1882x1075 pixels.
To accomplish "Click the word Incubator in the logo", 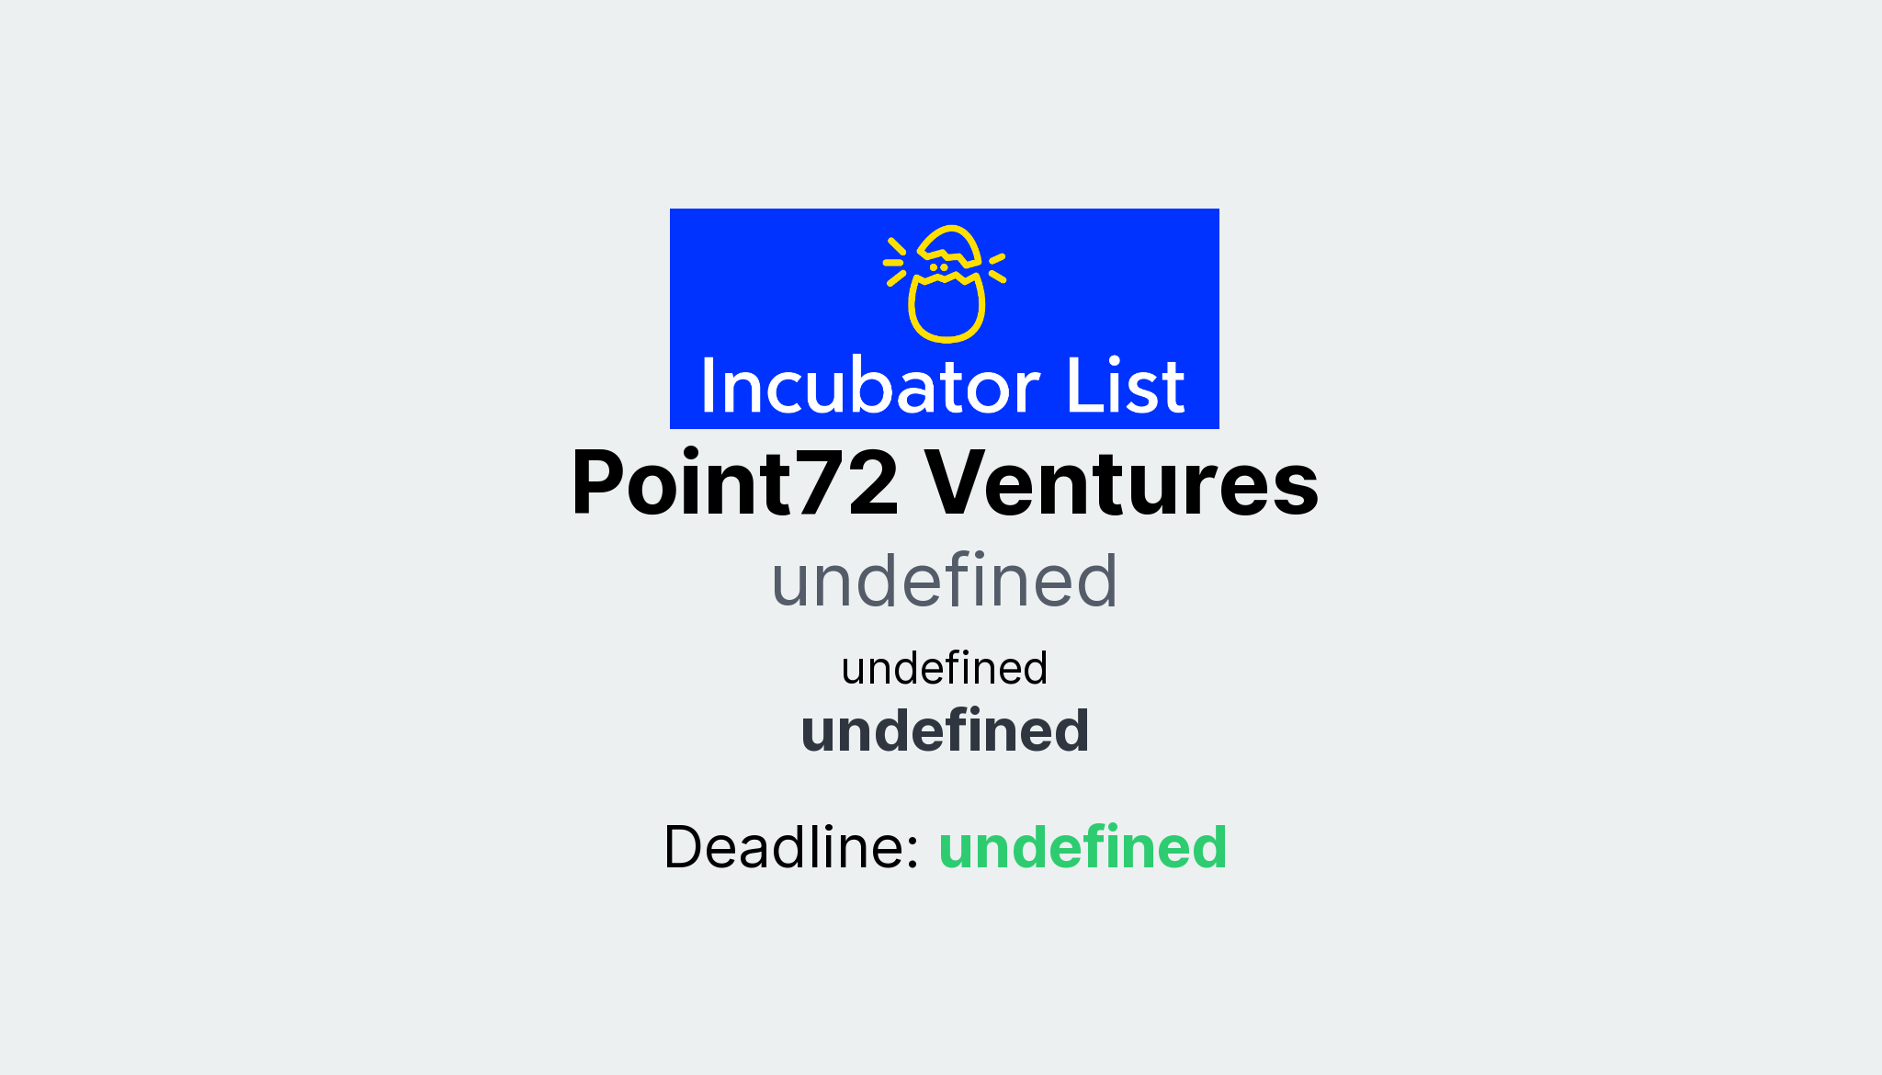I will [870, 387].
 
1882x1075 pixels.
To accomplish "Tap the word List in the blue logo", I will [1125, 387].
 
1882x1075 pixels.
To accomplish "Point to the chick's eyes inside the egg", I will [938, 267].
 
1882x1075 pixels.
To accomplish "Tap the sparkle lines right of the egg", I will [997, 266].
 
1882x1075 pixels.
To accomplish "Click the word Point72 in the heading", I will [734, 483].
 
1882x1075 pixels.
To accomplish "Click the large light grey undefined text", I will [944, 581].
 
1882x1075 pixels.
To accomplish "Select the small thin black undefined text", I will [944, 668].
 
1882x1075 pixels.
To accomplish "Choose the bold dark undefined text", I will [944, 731].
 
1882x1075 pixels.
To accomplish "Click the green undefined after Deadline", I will [1083, 847].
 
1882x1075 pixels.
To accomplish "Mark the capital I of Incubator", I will [709, 387].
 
